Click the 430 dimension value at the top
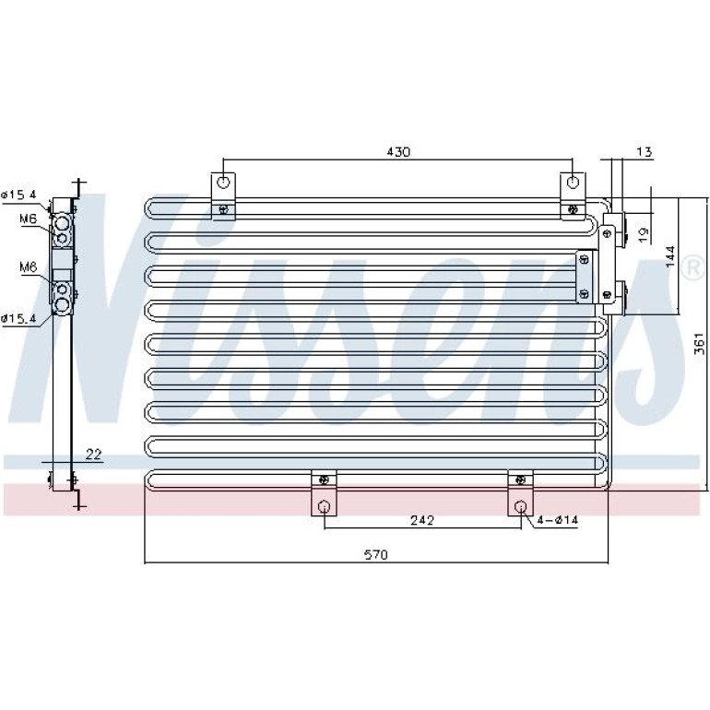[x=398, y=152]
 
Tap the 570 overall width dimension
[x=376, y=554]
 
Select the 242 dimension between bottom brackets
[x=422, y=520]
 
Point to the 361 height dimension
[x=699, y=343]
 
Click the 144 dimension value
[x=670, y=256]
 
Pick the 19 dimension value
[x=643, y=234]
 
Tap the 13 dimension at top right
[x=644, y=152]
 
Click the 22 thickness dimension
[x=93, y=455]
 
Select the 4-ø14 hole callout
[x=558, y=520]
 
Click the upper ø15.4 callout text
[x=18, y=195]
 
